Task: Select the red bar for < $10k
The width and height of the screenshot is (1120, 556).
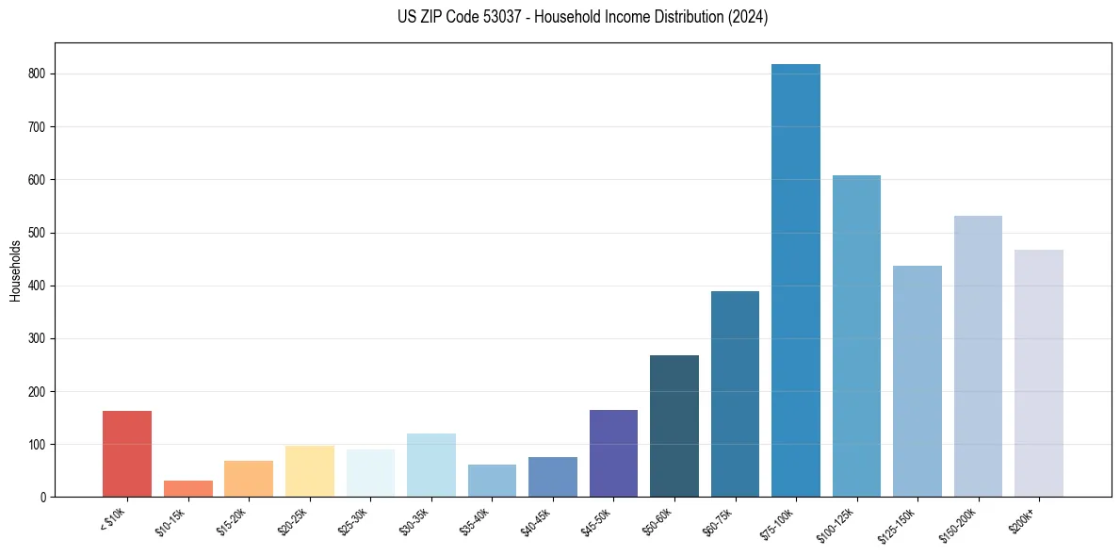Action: coord(127,453)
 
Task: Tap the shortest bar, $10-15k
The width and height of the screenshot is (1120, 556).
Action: coord(187,488)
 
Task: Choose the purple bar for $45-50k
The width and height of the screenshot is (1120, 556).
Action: coord(613,452)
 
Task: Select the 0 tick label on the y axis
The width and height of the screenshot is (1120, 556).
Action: coord(44,497)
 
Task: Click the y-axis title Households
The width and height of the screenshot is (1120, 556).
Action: coord(16,270)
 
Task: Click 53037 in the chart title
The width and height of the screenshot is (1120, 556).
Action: coord(490,17)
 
